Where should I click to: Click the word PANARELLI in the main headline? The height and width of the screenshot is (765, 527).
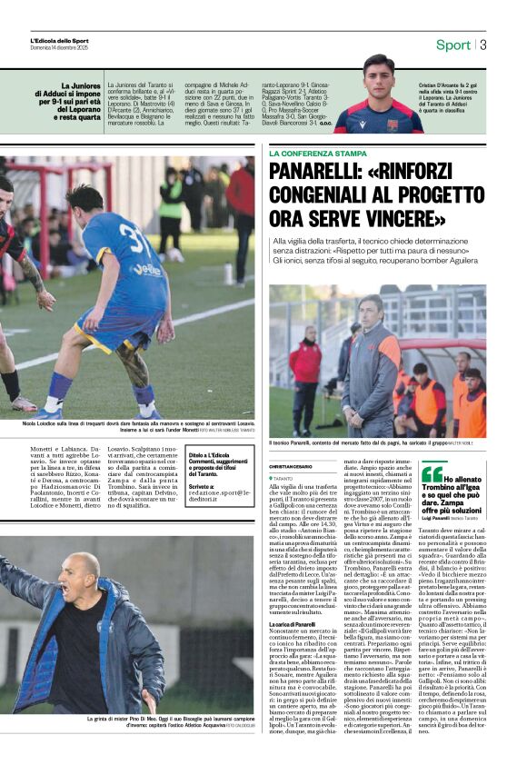click(328, 174)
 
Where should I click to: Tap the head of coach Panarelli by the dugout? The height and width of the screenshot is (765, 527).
click(371, 307)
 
